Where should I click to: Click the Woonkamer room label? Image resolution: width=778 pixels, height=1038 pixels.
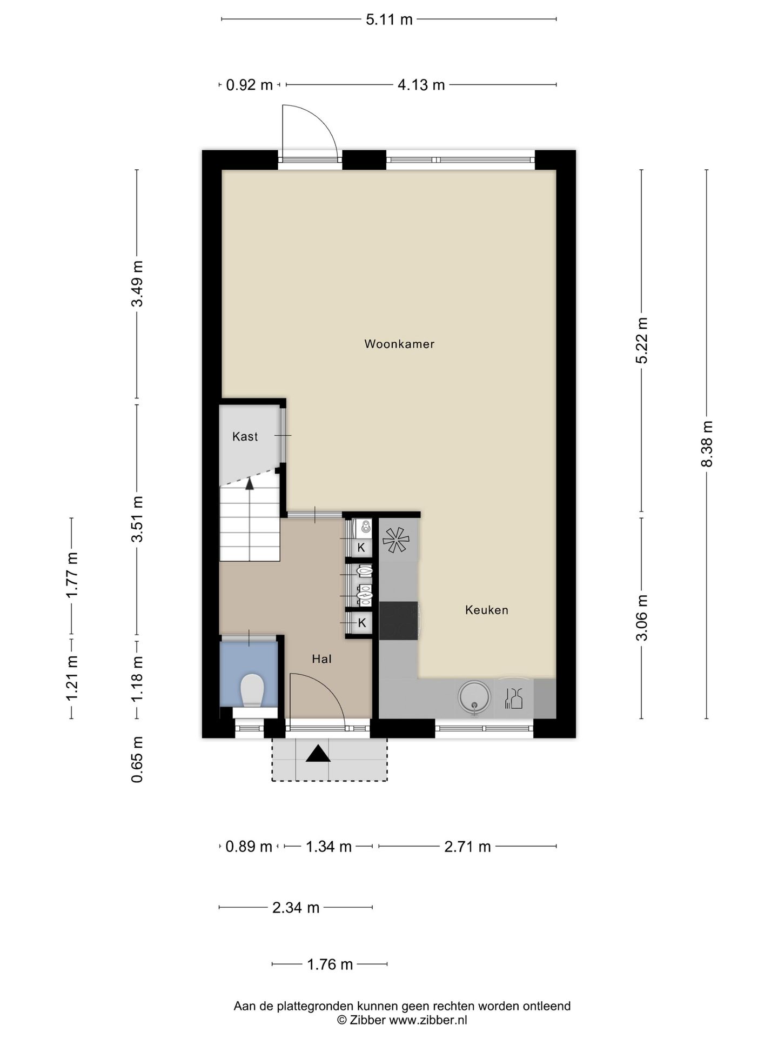pos(399,344)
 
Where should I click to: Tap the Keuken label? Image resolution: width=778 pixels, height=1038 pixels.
pos(487,610)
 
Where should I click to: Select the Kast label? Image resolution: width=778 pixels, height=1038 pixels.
pos(245,436)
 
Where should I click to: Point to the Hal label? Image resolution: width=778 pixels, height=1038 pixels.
pos(321,658)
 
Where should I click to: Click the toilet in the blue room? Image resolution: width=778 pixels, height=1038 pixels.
pos(252,690)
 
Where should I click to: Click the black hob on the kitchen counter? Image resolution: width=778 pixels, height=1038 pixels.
pos(399,621)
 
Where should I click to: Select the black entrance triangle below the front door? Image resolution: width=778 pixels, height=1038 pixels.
pos(318,754)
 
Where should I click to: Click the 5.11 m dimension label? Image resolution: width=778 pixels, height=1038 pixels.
pos(389,20)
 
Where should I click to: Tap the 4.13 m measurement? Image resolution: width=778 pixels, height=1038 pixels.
pos(421,85)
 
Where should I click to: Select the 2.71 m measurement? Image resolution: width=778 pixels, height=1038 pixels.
pos(467,847)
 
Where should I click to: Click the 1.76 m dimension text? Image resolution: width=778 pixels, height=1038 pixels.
pos(330,964)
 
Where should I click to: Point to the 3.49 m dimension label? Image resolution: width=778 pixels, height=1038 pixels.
pos(137,284)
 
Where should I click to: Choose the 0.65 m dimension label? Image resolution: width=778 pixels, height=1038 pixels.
pos(137,760)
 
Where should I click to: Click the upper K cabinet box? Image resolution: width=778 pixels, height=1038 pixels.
pos(361,547)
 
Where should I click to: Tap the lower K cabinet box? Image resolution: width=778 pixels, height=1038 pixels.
pos(361,623)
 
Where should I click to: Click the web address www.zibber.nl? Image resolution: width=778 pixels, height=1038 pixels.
pos(428,1020)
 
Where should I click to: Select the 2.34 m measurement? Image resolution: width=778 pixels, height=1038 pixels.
pos(296,908)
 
